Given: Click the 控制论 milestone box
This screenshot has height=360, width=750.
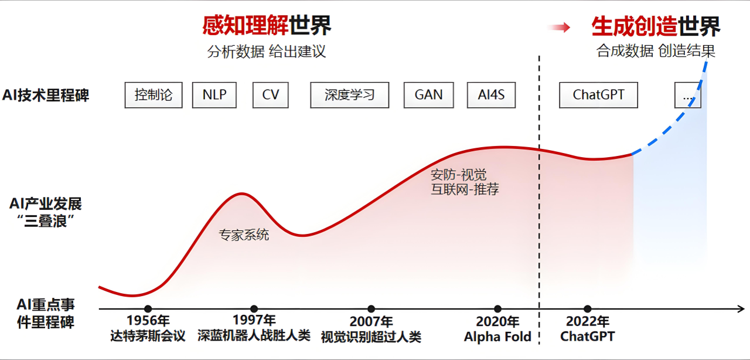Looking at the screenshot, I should pyautogui.click(x=154, y=95).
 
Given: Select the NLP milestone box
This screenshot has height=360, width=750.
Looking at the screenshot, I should pyautogui.click(x=214, y=95).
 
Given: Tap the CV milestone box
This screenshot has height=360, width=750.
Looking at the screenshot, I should pyautogui.click(x=271, y=95).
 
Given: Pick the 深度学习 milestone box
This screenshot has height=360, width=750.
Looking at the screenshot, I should pyautogui.click(x=349, y=95).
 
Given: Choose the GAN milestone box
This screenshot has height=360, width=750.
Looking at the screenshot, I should pyautogui.click(x=428, y=95).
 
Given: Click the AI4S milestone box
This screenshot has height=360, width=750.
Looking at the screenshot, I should pyautogui.click(x=491, y=95).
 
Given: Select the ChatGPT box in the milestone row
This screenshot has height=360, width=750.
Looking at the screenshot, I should pyautogui.click(x=598, y=95).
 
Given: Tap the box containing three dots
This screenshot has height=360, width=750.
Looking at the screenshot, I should pyautogui.click(x=687, y=95).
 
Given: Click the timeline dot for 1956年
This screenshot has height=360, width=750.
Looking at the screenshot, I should pyautogui.click(x=148, y=309).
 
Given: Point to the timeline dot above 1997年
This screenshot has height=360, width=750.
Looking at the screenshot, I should pyautogui.click(x=254, y=309).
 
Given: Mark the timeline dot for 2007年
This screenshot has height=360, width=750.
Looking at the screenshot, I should pyautogui.click(x=371, y=309).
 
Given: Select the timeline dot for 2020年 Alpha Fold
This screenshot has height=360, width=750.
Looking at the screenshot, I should pyautogui.click(x=497, y=309).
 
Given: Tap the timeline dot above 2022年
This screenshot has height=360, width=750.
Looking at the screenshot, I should pyautogui.click(x=588, y=309).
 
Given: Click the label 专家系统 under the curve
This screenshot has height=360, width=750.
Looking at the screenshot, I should pyautogui.click(x=244, y=235).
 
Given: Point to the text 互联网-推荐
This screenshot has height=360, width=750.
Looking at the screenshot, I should pyautogui.click(x=465, y=189).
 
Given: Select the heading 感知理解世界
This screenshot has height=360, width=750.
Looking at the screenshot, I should pyautogui.click(x=267, y=26).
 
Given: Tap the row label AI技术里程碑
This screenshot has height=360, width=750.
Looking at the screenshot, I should pyautogui.click(x=46, y=95).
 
